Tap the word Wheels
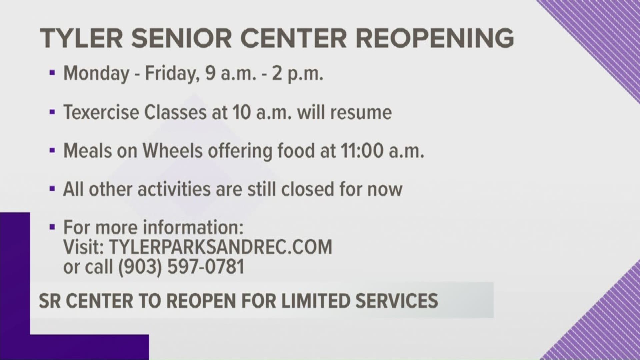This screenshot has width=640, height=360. tap(173, 151)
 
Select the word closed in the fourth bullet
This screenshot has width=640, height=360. tap(308, 189)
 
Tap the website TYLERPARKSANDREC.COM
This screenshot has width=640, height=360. tap(221, 247)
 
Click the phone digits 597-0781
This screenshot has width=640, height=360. tap(206, 267)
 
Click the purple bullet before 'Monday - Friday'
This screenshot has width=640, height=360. tap(52, 74)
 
